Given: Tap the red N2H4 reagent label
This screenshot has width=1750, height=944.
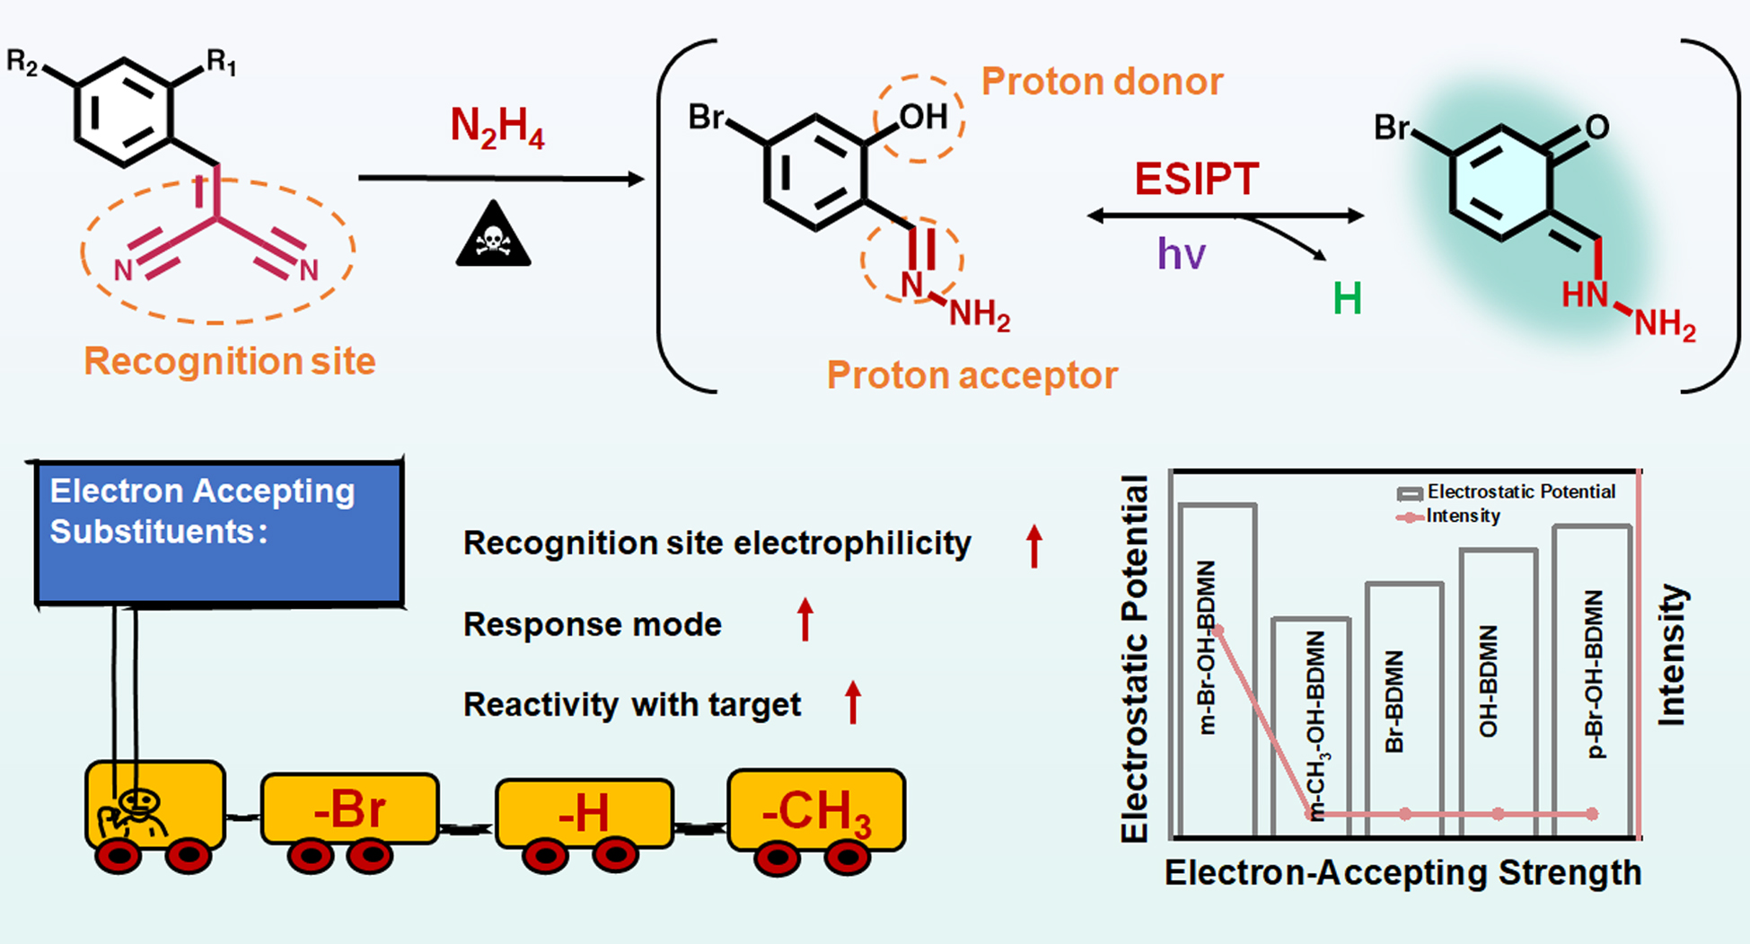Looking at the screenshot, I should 497,128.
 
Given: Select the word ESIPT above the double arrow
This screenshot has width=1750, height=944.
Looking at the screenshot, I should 1196,180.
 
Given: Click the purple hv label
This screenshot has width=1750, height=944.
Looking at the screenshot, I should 1181,254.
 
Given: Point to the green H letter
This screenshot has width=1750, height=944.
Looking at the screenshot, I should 1347,298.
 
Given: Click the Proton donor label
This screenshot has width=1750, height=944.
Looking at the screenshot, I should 1102,82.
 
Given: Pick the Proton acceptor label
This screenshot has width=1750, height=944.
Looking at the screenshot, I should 972,375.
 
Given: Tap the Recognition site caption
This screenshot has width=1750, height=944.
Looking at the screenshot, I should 229,361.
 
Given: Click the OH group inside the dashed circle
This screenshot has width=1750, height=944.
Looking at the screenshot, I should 923,117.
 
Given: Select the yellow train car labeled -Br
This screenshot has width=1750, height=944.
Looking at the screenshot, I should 350,810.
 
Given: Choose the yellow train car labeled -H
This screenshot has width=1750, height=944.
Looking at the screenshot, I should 585,813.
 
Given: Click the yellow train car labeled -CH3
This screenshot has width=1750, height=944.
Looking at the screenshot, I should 816,810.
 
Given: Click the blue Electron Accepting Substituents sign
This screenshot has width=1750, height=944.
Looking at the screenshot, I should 218,532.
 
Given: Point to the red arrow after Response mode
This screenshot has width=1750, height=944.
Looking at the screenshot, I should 805,620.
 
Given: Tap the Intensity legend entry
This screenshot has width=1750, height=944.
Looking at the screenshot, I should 1462,516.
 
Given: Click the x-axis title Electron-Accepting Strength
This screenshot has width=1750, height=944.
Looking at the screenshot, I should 1403,873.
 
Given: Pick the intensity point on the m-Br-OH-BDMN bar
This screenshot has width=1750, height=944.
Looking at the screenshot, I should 1218,631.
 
